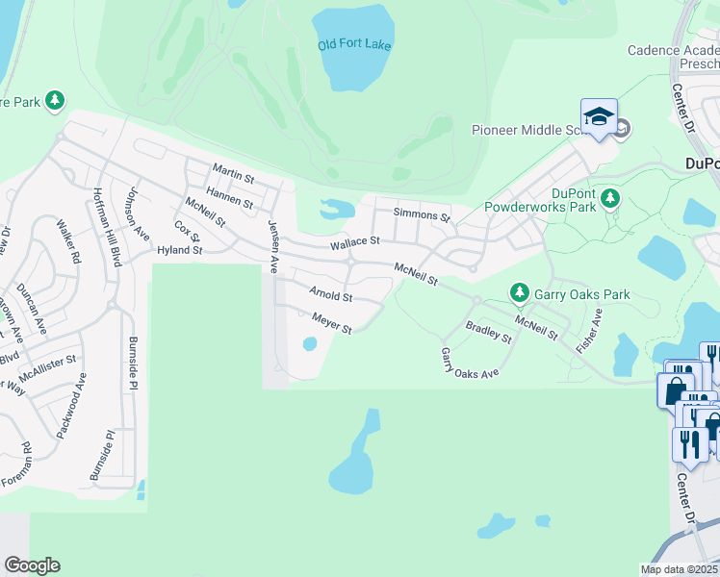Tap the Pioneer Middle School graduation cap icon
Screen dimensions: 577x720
click(x=599, y=117)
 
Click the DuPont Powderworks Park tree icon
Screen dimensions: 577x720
click(x=609, y=198)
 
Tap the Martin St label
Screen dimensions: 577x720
click(x=233, y=177)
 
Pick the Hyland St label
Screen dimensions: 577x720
click(x=180, y=250)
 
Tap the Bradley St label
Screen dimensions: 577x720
click(x=488, y=333)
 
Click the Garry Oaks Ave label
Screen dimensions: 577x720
click(x=470, y=363)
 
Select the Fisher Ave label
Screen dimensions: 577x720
click(x=589, y=331)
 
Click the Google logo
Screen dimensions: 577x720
click(x=32, y=565)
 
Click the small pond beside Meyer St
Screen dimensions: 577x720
click(x=310, y=343)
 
